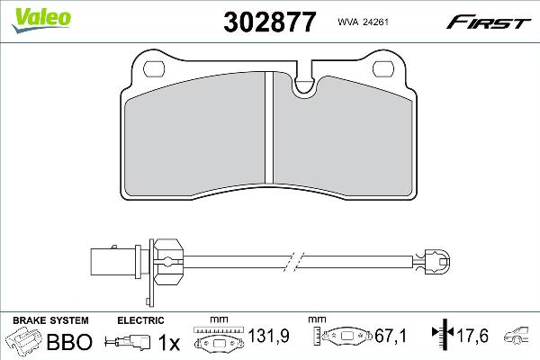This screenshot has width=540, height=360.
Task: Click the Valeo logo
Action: coord(41,20)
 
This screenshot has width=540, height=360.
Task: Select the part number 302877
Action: coord(269,22)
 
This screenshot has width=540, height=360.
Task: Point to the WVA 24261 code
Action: coord(363,22)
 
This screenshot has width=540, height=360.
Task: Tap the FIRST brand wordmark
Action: coord(489,22)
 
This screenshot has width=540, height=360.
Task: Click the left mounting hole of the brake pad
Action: coord(154,69)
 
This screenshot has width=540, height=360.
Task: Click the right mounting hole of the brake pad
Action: coord(383,69)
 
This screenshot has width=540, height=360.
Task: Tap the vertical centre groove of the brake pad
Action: coord(269,128)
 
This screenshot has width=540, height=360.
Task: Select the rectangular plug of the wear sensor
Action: coord(113,262)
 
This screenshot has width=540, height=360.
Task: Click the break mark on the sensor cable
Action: coord(293,262)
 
